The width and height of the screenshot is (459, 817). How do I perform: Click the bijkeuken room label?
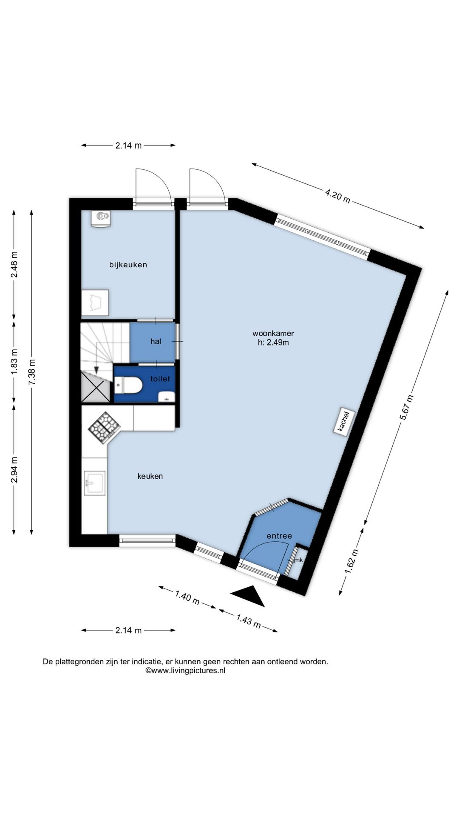[x=128, y=265]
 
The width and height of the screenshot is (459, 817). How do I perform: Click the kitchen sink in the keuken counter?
[x=94, y=483]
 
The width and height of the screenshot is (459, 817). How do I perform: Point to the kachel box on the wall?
[x=343, y=421]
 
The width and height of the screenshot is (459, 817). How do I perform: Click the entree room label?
[x=279, y=536]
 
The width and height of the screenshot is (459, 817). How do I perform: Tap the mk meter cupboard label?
[x=298, y=560]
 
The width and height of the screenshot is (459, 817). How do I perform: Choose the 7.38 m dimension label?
[x=32, y=372]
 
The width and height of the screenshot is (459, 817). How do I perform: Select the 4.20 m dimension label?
[x=338, y=197]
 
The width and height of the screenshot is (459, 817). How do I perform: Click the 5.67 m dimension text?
[x=406, y=408]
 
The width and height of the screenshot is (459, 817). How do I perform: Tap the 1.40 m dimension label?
[x=187, y=597]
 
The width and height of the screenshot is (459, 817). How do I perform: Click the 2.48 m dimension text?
[x=14, y=264]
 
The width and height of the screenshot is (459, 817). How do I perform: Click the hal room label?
[x=156, y=341]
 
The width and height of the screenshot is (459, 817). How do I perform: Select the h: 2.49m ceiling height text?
[x=273, y=342]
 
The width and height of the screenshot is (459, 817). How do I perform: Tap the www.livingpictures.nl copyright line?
[x=185, y=671]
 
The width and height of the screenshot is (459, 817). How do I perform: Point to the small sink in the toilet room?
[x=167, y=397]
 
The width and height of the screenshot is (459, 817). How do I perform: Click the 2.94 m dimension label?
[x=14, y=470]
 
